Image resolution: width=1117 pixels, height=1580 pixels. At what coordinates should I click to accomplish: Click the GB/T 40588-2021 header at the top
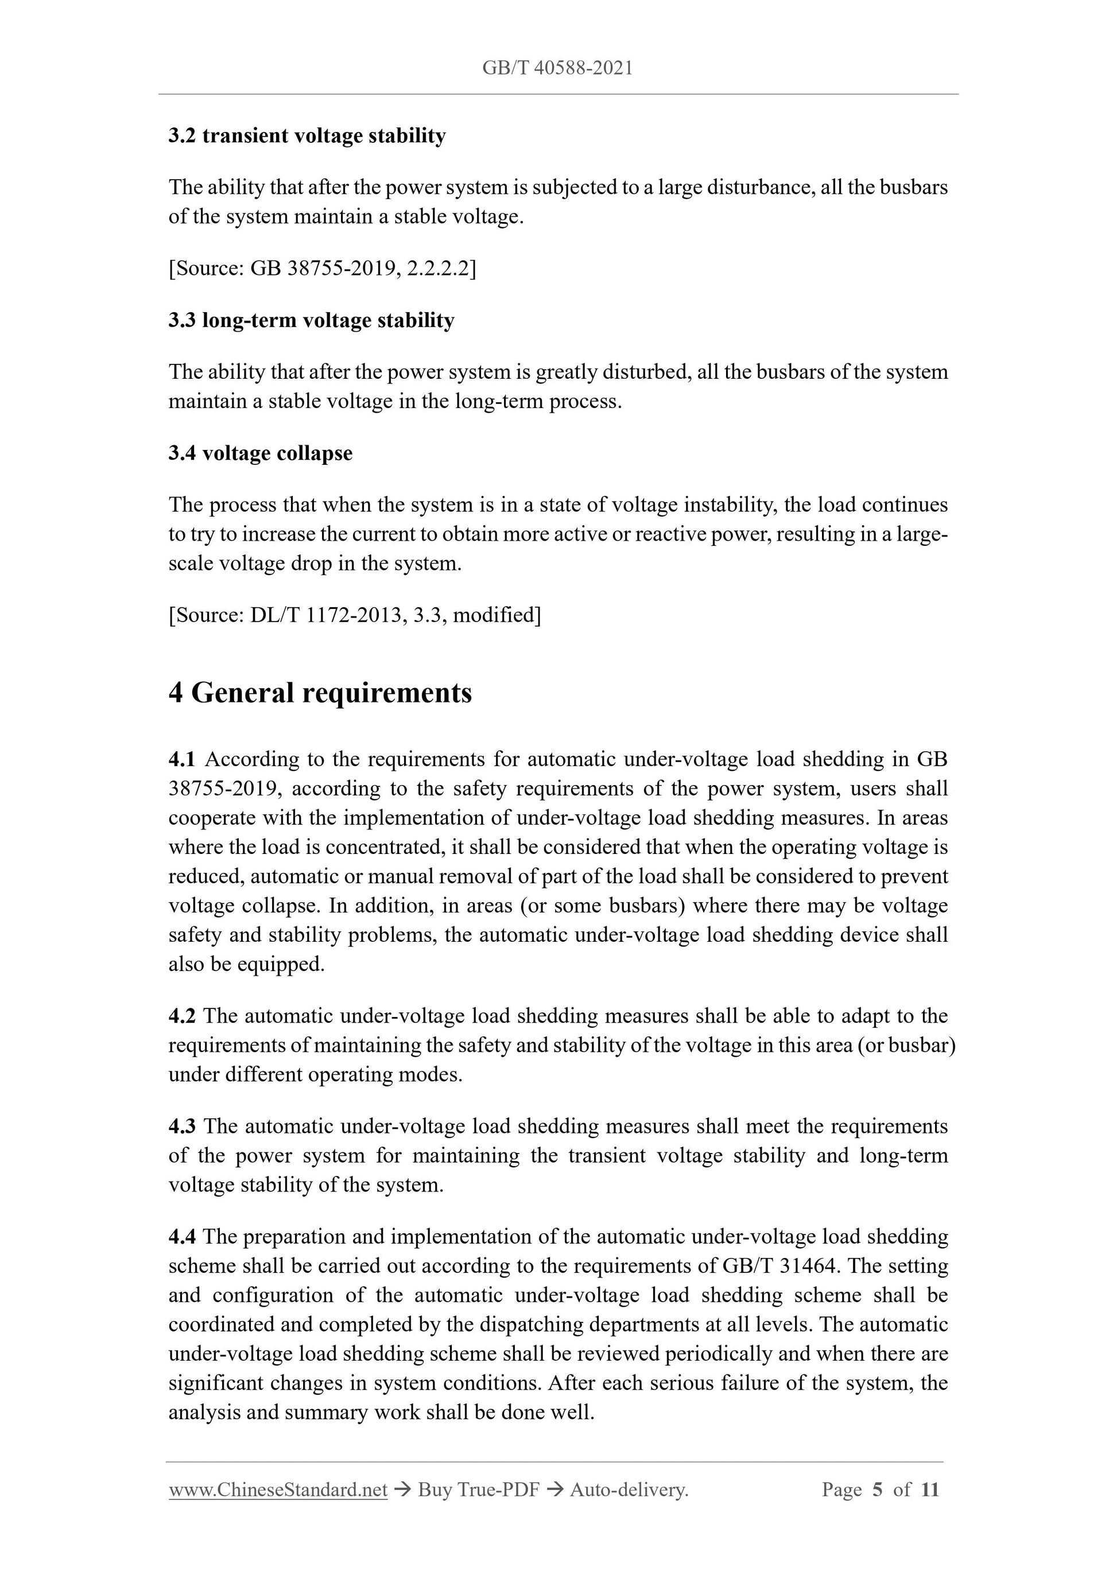[x=557, y=68]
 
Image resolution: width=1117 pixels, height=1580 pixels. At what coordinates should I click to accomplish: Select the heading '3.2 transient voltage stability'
[x=307, y=135]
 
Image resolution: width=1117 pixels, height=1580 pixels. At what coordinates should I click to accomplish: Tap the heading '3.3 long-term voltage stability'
[x=311, y=320]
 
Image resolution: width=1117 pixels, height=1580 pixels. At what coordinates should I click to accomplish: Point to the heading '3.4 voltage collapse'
[x=260, y=453]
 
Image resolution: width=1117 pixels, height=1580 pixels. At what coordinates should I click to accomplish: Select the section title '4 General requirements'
[x=320, y=692]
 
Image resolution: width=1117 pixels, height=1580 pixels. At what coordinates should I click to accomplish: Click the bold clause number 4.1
[x=182, y=759]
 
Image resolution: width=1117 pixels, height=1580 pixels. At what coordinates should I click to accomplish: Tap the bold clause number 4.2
[x=182, y=1016]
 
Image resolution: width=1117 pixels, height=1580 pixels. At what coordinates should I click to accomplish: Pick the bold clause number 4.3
[x=182, y=1126]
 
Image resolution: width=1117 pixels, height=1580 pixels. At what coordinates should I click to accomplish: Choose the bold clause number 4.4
[x=182, y=1237]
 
